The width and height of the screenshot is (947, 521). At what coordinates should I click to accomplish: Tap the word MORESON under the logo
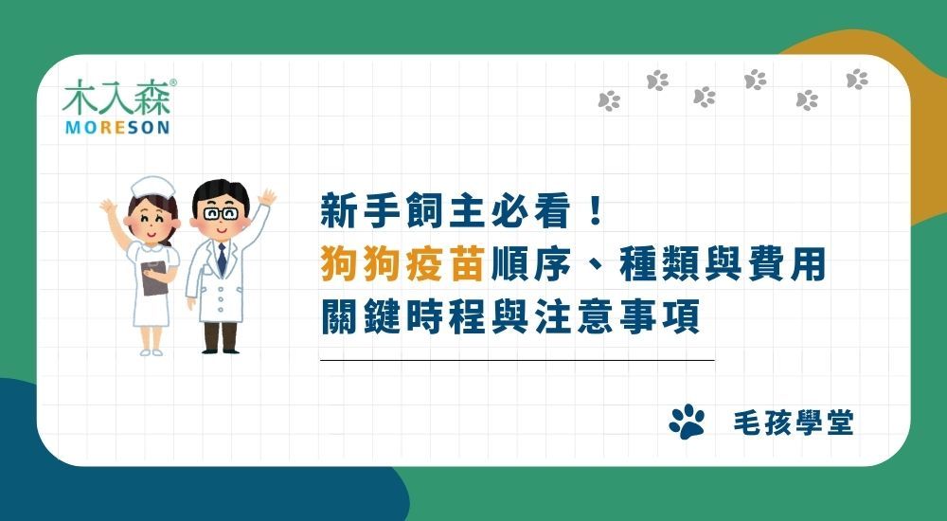click(x=116, y=127)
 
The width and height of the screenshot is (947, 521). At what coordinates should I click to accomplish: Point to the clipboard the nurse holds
click(x=153, y=275)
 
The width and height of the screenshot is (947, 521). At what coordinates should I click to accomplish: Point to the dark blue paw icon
click(x=687, y=422)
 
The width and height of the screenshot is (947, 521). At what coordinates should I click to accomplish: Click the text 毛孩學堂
click(x=793, y=423)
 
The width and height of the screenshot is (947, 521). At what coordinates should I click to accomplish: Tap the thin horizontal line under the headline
click(x=517, y=361)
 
